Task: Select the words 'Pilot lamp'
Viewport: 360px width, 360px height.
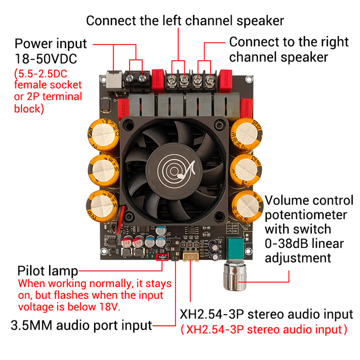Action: tap(48, 270)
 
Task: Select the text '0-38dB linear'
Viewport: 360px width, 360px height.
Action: tap(304, 244)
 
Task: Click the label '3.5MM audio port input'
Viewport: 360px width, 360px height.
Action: tap(82, 325)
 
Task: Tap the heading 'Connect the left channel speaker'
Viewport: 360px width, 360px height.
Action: tap(185, 21)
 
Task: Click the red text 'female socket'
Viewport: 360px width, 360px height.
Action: tap(48, 85)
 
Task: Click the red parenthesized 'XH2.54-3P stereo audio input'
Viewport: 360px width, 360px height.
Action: tap(264, 329)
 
